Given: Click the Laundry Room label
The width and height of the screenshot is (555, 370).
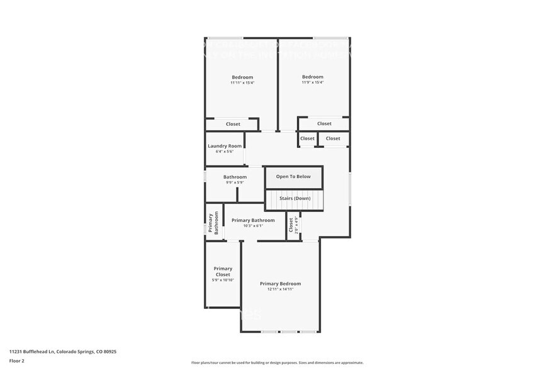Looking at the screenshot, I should coord(225,146).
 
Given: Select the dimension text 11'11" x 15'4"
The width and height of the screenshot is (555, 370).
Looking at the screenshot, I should coord(242,82).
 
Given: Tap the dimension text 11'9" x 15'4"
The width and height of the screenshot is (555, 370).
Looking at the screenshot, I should coord(312,82).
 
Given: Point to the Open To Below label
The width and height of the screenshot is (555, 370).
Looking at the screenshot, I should coord(293,177).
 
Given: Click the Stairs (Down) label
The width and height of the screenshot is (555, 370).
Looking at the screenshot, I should coord(294,198).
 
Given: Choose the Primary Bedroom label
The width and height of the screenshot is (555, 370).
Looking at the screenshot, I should coord(280,284).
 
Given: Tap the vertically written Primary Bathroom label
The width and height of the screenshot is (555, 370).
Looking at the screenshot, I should coord(213,223).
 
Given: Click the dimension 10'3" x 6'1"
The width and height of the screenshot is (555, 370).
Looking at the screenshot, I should coord(253,226).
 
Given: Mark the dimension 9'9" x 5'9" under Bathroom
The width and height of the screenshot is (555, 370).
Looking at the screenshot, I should coord(235,182).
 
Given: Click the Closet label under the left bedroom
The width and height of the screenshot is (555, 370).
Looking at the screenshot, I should coord(233,124).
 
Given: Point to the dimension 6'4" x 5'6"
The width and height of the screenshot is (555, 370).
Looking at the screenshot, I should coord(225,152).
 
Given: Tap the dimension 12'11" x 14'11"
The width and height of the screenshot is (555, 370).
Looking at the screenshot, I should coord(280,289).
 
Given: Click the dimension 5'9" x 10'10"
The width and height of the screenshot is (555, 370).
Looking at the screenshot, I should coord(223,280).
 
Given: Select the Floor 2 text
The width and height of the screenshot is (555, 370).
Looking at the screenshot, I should coord(17,361).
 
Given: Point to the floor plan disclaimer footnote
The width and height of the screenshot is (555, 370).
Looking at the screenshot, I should coord(277,362).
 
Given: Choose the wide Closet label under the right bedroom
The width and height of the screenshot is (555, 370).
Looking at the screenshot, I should coord(324,124).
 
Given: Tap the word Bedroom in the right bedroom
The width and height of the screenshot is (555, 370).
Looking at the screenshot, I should coord(312,77).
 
